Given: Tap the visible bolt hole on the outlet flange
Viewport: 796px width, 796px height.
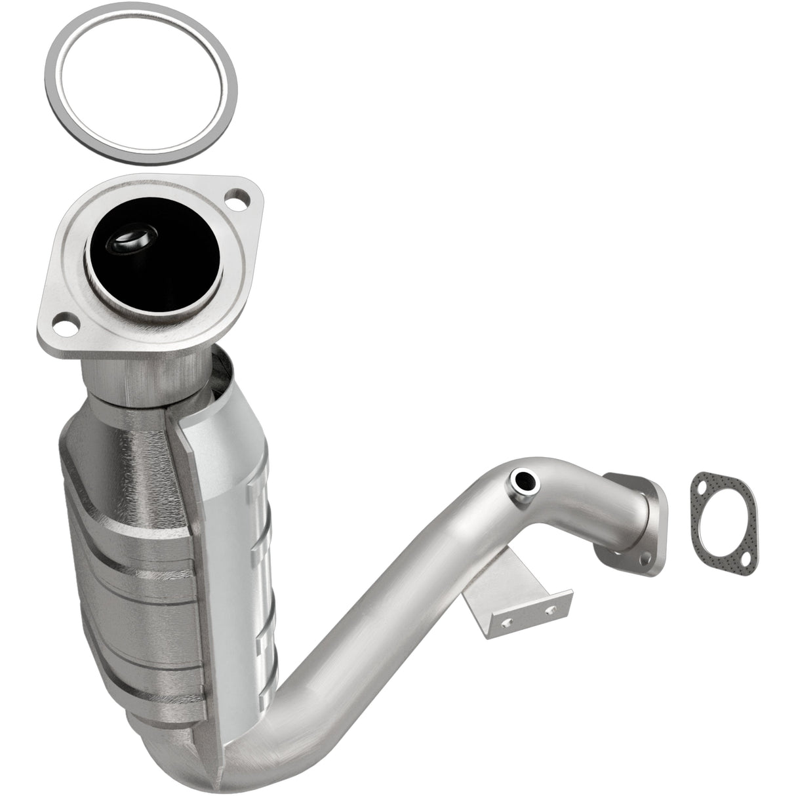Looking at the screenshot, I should pyautogui.click(x=646, y=559).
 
